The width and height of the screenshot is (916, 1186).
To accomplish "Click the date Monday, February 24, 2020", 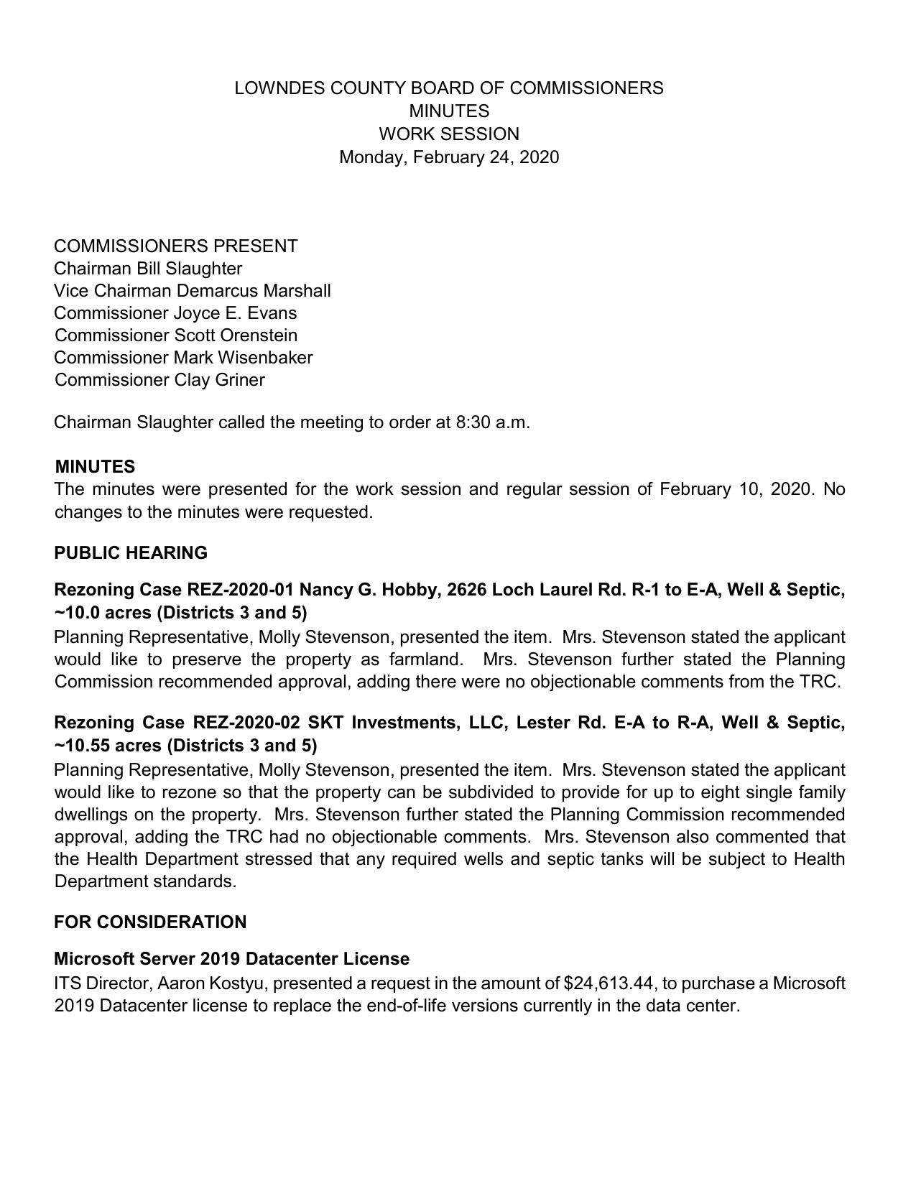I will pyautogui.click(x=448, y=157).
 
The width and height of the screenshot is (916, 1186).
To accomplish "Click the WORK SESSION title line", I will pyautogui.click(x=448, y=134).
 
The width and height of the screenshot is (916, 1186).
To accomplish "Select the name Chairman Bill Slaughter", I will pyautogui.click(x=148, y=269).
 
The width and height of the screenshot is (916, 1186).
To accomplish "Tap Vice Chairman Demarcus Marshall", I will pyautogui.click(x=192, y=291).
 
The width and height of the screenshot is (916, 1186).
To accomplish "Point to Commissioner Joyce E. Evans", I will pyautogui.click(x=175, y=313).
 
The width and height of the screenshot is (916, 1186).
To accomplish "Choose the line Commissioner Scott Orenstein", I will pyautogui.click(x=175, y=335).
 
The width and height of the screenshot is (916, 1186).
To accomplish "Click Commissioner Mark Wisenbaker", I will pyautogui.click(x=183, y=358).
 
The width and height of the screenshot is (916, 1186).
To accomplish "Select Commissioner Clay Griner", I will pyautogui.click(x=159, y=380).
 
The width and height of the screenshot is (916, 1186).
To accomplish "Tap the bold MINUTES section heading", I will pyautogui.click(x=95, y=467).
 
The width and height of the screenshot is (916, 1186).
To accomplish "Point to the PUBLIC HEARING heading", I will pyautogui.click(x=131, y=553).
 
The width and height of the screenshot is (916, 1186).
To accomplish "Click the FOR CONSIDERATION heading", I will pyautogui.click(x=150, y=922).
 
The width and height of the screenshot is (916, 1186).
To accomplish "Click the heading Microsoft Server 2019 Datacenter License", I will pyautogui.click(x=231, y=959).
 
